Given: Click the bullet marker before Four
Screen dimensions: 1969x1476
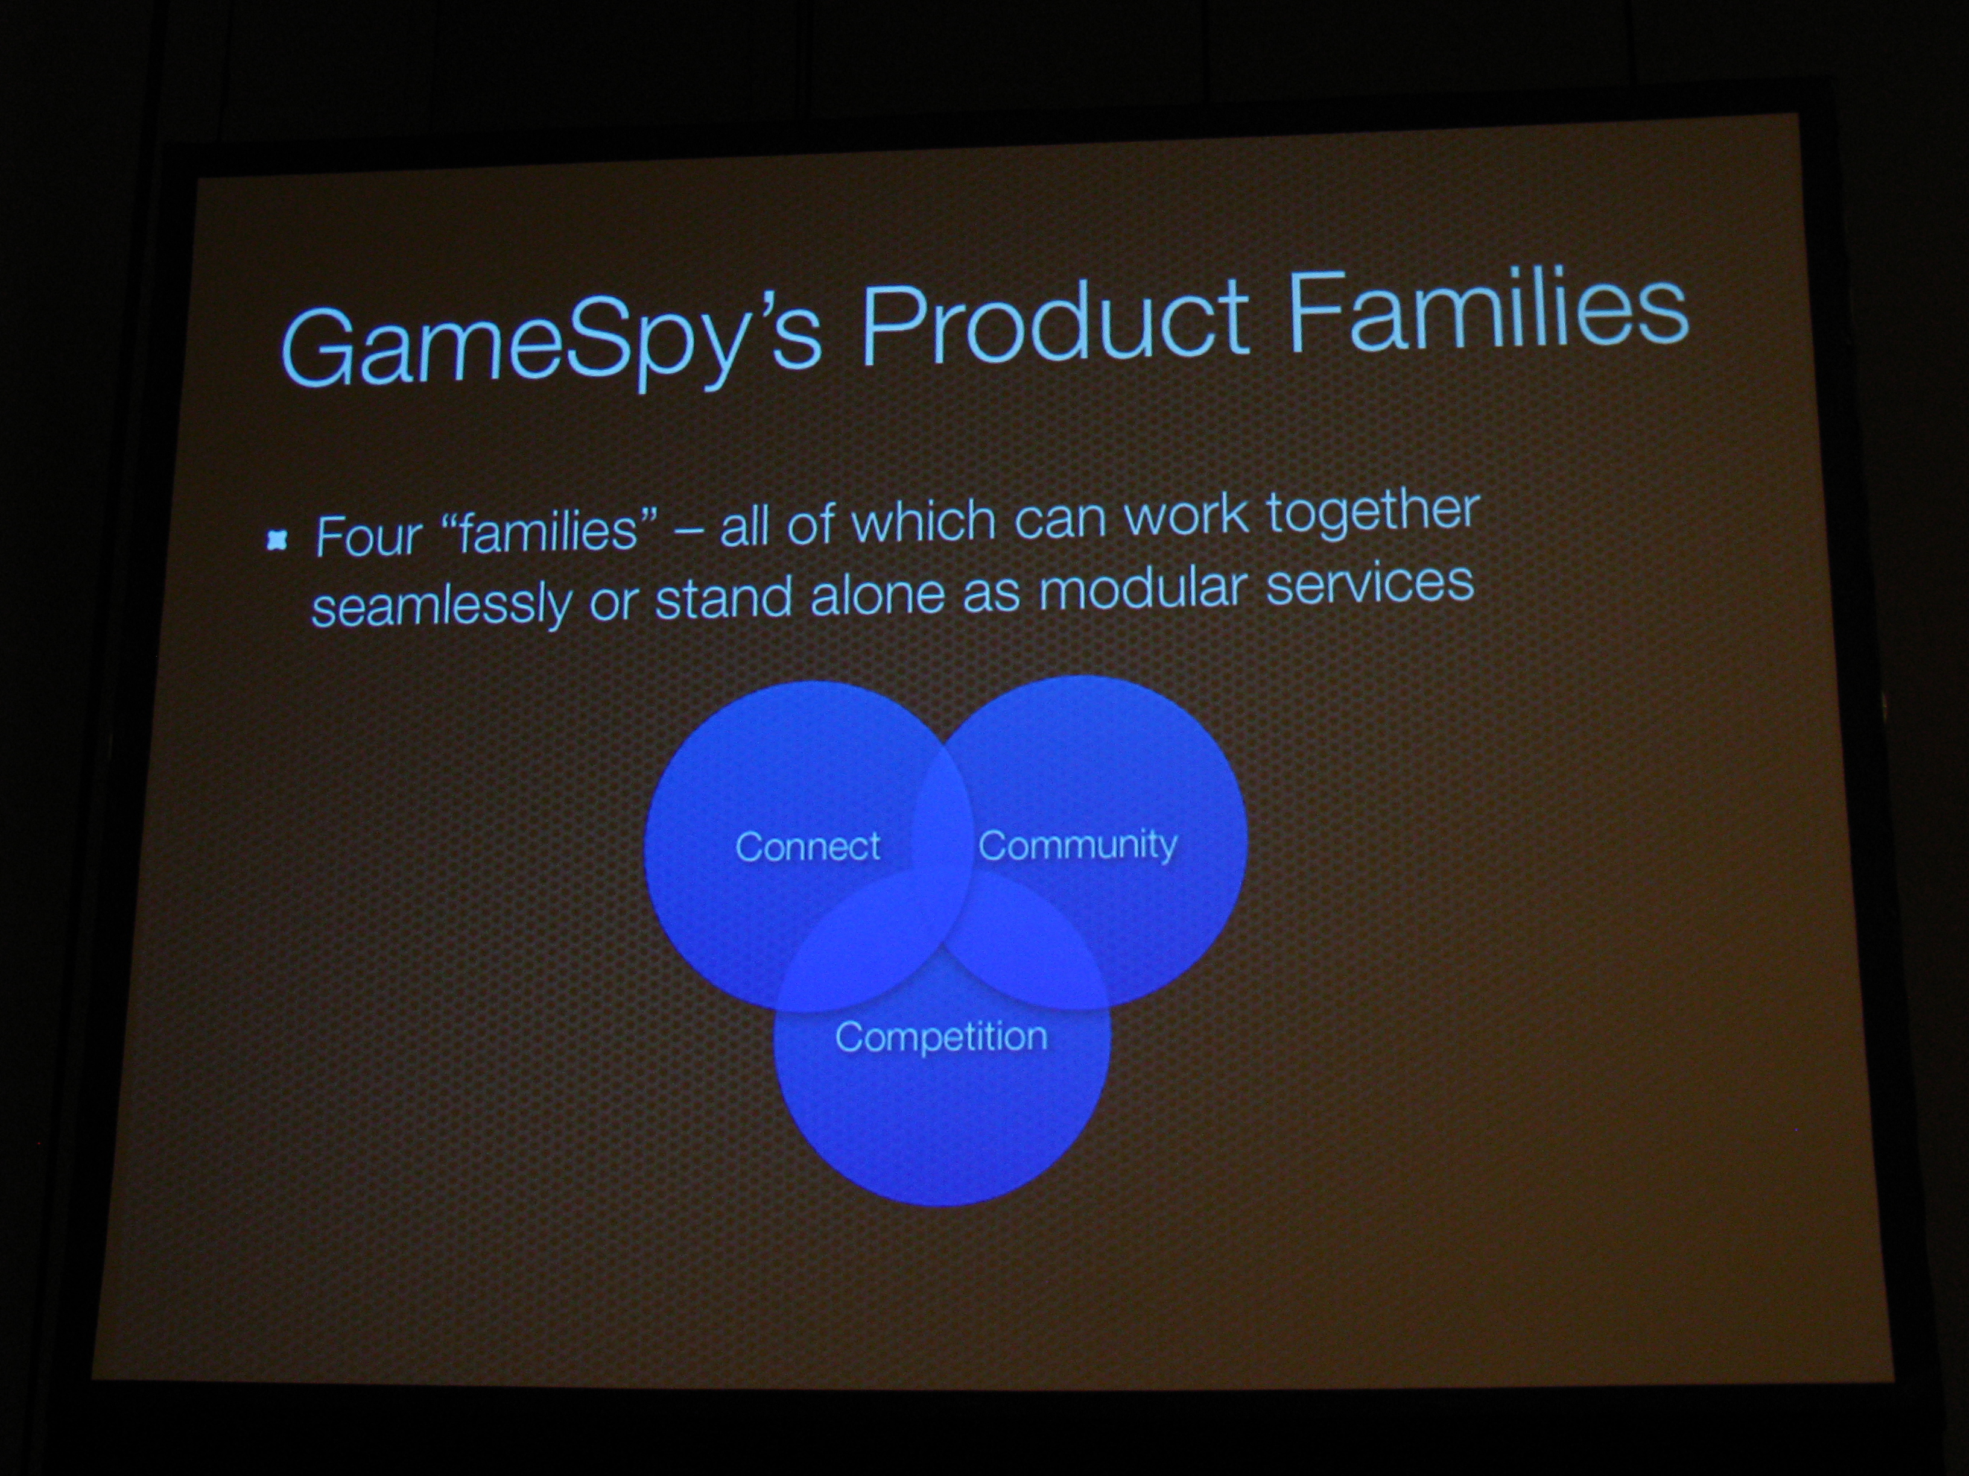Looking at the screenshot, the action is click(x=277, y=540).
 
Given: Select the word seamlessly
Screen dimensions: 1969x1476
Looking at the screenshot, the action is click(x=440, y=606).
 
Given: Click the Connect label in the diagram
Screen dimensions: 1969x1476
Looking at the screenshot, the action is click(x=807, y=846).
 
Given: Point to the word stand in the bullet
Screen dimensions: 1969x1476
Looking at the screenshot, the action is click(x=723, y=599).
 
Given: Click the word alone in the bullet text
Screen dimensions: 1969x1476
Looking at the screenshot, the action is click(x=877, y=595).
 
